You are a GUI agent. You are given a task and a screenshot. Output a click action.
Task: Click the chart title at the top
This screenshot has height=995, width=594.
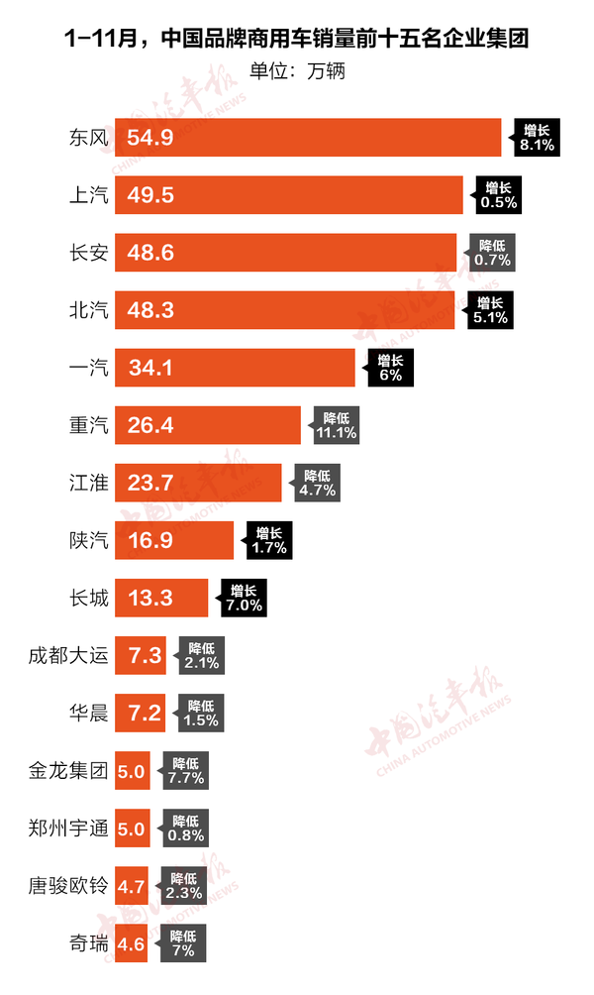point(296,41)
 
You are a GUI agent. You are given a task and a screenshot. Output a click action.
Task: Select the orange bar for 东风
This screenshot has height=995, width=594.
point(308,137)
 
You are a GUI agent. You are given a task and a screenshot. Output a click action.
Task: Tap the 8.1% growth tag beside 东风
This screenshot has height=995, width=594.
point(538,137)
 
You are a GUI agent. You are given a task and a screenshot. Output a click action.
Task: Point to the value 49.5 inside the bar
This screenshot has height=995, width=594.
point(150,194)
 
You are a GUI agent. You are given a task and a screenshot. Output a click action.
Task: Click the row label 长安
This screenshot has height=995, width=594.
point(88,253)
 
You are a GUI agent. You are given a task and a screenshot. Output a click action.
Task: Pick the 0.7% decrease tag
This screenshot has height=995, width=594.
point(493,253)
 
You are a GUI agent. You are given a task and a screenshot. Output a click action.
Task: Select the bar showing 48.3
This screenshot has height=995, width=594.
point(285,310)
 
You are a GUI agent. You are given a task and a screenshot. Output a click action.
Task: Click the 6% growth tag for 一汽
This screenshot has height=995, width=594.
point(390,369)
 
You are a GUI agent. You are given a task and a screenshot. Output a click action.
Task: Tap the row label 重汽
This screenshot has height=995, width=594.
point(88,426)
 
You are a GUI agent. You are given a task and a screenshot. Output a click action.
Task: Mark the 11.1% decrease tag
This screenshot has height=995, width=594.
point(335,426)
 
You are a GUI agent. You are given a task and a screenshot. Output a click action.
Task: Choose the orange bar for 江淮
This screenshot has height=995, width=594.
point(198,484)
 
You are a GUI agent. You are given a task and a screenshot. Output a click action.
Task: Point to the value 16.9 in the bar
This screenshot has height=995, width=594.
point(150,541)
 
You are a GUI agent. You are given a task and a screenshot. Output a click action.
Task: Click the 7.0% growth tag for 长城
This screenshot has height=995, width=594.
point(243,598)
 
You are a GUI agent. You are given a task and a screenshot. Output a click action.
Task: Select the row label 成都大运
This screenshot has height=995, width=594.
point(68,655)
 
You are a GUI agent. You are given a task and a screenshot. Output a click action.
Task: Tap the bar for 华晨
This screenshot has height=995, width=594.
point(140,713)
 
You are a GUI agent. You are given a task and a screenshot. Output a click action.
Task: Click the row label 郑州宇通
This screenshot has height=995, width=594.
point(68,828)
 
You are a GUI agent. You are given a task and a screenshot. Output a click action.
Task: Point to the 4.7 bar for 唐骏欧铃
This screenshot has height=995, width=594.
point(131,885)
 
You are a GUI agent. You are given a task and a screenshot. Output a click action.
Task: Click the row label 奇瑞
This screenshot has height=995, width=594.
point(88,943)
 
